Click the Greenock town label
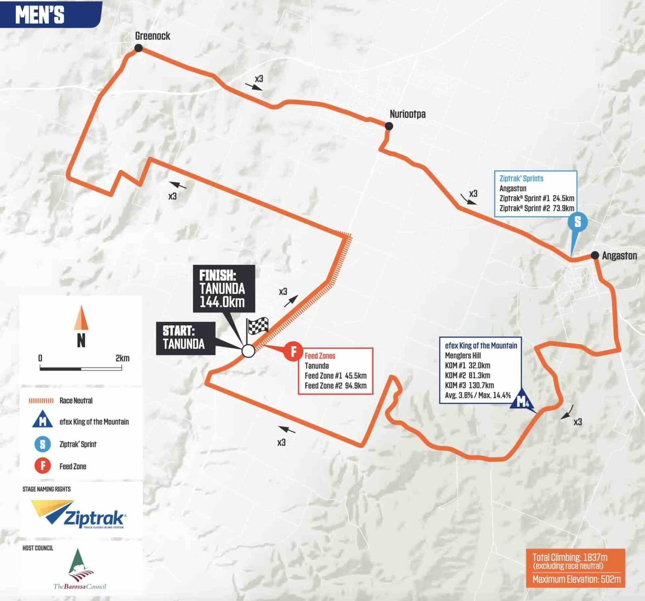(x=153, y=36)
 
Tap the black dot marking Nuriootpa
(x=389, y=126)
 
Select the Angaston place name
(x=619, y=256)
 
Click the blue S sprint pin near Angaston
(x=577, y=222)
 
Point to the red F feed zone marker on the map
(x=293, y=352)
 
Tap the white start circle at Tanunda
(x=248, y=351)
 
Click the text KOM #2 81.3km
(x=467, y=375)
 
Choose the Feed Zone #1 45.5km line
(x=335, y=376)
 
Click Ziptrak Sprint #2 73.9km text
(x=536, y=208)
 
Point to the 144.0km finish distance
(x=222, y=302)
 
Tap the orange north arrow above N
(x=81, y=317)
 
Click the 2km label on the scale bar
(x=122, y=358)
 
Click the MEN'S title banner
(x=40, y=14)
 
